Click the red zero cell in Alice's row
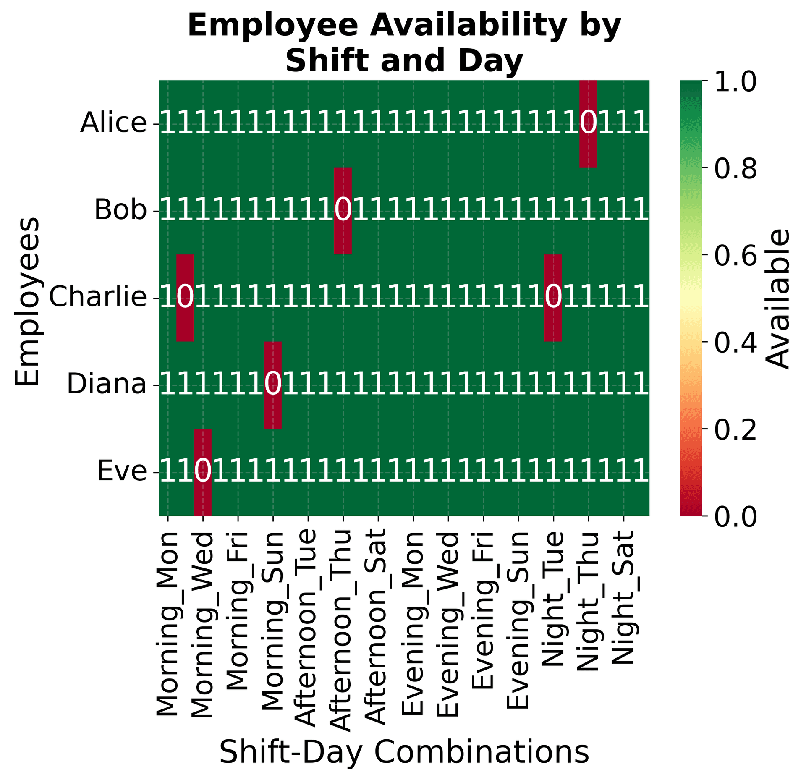click(x=588, y=123)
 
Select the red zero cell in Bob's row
click(x=343, y=211)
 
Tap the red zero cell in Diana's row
click(x=272, y=385)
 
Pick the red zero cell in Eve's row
click(x=202, y=472)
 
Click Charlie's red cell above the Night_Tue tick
click(x=553, y=298)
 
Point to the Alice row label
click(x=113, y=123)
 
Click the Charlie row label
click(x=98, y=298)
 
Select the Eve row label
click(x=122, y=472)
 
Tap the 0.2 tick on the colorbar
click(x=735, y=429)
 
